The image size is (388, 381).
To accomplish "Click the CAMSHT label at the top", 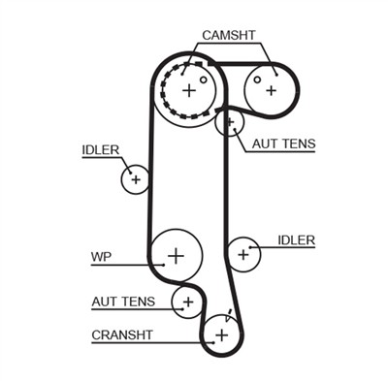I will pyautogui.click(x=229, y=35).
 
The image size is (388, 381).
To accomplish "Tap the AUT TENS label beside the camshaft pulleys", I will pyautogui.click(x=283, y=144).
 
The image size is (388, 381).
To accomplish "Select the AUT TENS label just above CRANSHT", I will pyautogui.click(x=123, y=302).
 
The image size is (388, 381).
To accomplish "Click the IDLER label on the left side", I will pyautogui.click(x=100, y=149).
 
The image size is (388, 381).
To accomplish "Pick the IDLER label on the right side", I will pyautogui.click(x=296, y=239).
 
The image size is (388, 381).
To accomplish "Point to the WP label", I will pyautogui.click(x=102, y=257).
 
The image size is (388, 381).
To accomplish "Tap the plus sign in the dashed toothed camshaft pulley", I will pyautogui.click(x=188, y=89).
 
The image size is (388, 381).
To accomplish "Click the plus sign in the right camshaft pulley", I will pyautogui.click(x=271, y=90).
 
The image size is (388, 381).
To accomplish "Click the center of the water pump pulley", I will pyautogui.click(x=176, y=256).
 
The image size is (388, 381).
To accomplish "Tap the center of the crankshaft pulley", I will pyautogui.click(x=221, y=335).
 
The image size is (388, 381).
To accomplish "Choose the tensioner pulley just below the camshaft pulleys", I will pyautogui.click(x=230, y=123).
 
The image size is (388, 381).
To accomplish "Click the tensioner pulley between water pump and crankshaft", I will pyautogui.click(x=185, y=302).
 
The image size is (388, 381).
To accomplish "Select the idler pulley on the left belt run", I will pyautogui.click(x=136, y=178).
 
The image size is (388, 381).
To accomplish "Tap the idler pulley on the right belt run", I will pyautogui.click(x=242, y=254).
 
